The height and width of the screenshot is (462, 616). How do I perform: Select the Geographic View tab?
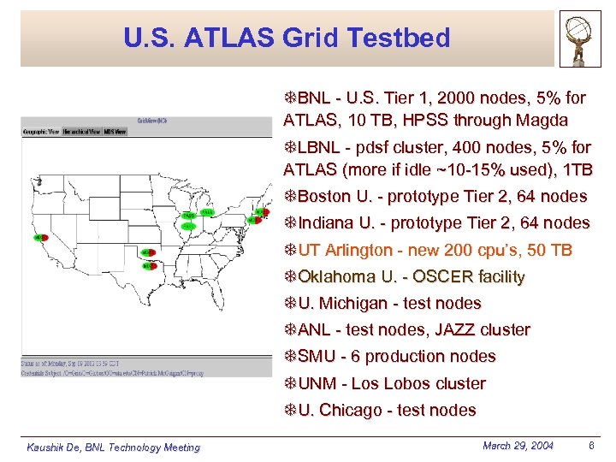(x=40, y=132)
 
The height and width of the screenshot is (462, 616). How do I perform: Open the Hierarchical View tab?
(x=81, y=132)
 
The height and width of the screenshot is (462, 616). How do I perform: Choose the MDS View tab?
(x=115, y=132)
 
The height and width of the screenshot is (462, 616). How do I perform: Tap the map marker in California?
(x=39, y=238)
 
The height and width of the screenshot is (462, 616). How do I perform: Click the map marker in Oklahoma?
(x=148, y=252)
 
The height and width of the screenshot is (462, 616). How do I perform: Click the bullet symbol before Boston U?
(x=290, y=196)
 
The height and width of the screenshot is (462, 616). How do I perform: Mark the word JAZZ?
(x=460, y=329)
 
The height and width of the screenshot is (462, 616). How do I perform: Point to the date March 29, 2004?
(x=518, y=445)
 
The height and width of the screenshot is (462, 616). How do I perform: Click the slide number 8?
(x=592, y=445)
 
